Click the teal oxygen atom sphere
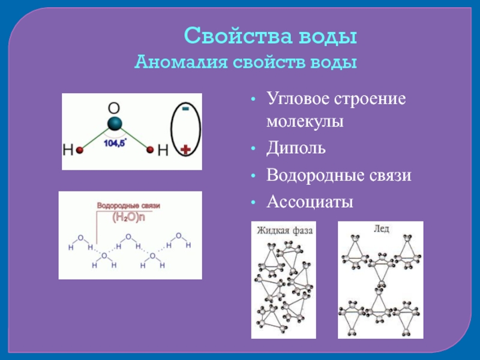pos(115,124)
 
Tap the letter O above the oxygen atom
pos(114,109)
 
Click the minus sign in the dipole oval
pos(185,109)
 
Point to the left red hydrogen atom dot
pos(79,151)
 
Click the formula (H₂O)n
pos(129,218)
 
